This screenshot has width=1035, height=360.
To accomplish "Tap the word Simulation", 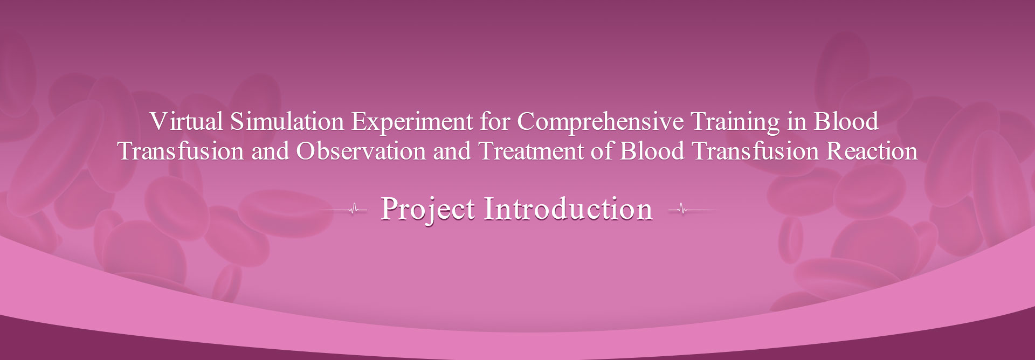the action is tap(287, 122).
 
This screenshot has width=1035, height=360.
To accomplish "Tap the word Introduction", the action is tap(568, 209).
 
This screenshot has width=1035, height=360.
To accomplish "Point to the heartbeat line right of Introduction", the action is tap(693, 209).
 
